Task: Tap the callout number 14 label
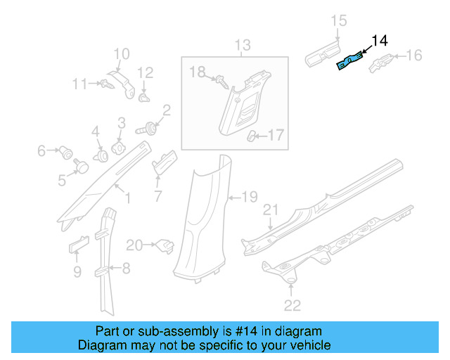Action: coord(379,41)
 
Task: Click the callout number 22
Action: coord(292,304)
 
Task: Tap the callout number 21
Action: coord(271,210)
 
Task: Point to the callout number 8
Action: coord(126,267)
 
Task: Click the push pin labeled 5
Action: coord(82,166)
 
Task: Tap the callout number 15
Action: coord(339,21)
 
